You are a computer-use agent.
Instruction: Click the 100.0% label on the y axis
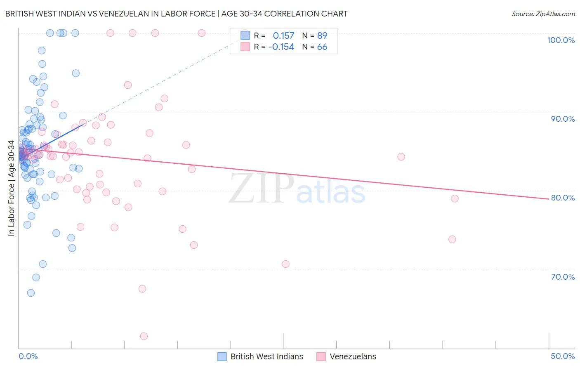[561, 40]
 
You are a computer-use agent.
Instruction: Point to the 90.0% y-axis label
[563, 119]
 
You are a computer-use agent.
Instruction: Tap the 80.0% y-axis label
[563, 198]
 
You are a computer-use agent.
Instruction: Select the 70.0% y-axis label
[563, 277]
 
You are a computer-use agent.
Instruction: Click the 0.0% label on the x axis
[28, 356]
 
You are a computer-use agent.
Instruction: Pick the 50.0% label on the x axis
[563, 356]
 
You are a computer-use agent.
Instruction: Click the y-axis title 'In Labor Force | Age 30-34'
[11, 188]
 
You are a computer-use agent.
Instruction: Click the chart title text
[176, 14]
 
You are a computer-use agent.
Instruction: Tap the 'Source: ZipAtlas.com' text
[543, 14]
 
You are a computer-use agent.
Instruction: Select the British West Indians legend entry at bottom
[261, 356]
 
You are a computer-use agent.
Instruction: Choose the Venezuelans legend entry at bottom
[347, 356]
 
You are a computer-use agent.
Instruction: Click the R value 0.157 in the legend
[283, 35]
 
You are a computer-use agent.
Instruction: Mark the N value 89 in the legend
[322, 35]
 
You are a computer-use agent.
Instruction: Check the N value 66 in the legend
[322, 47]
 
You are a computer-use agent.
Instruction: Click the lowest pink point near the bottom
[144, 336]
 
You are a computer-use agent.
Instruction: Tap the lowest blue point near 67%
[31, 293]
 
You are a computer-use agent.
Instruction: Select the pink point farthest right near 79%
[455, 198]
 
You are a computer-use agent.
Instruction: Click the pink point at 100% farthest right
[202, 33]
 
